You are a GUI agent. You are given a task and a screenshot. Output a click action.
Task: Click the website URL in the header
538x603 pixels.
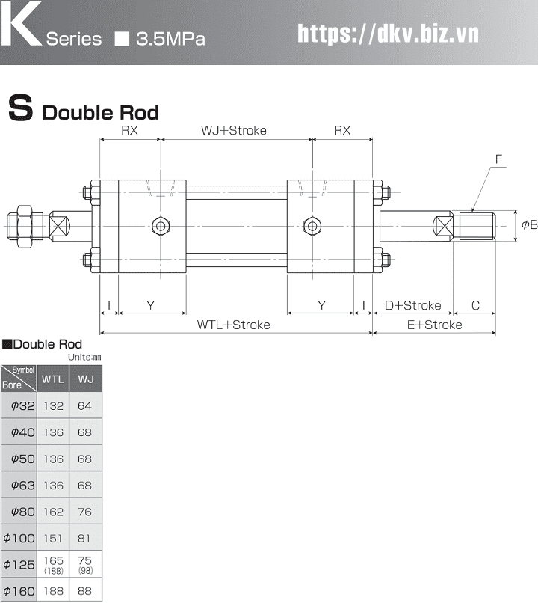point(389,34)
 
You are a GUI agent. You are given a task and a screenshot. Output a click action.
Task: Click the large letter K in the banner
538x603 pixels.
point(20,23)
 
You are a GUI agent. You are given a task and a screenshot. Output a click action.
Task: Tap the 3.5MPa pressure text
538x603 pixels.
point(170,39)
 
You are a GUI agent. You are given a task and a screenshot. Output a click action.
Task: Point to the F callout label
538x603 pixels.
point(499,159)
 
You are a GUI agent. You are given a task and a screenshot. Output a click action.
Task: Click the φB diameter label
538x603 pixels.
point(530,225)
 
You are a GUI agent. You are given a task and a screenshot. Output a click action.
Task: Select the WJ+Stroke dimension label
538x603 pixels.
point(234,130)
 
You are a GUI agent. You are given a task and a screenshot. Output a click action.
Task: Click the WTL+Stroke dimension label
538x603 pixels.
point(233,325)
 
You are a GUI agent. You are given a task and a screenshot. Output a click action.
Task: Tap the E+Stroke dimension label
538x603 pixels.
point(435,325)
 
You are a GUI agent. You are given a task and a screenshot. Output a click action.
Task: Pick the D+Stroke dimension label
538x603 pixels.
point(413,306)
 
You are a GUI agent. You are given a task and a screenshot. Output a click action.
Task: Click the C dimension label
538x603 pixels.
point(475,306)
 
